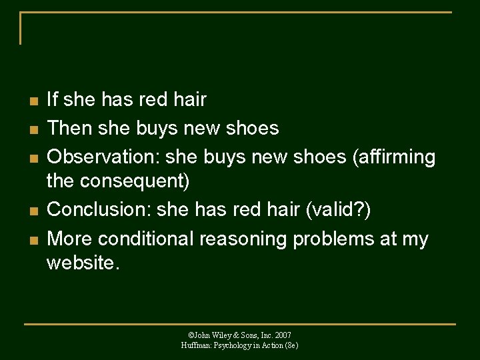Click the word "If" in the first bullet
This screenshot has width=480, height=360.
click(52, 100)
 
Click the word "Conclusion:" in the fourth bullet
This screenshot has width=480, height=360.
click(99, 209)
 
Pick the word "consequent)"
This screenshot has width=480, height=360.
click(133, 180)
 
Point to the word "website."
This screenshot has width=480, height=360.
click(83, 263)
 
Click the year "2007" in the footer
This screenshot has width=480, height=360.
click(282, 335)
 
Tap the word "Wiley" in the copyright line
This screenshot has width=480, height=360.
click(221, 335)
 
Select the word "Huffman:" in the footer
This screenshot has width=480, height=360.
click(195, 345)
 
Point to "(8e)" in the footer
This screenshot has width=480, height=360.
click(290, 345)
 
